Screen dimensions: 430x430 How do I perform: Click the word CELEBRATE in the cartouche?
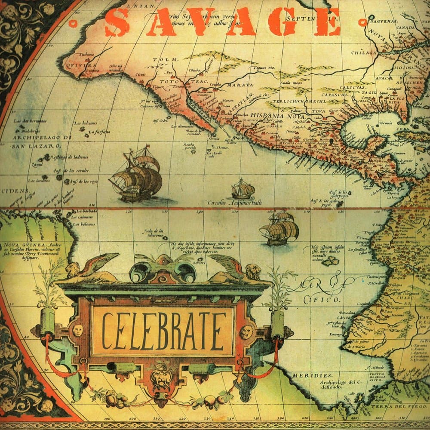pos(164,331)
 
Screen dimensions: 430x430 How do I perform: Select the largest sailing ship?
pos(136,174)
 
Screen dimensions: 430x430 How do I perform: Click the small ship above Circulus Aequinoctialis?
pos(243,189)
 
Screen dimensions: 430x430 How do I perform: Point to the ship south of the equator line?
pos(279,228)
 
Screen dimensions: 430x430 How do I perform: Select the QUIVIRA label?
pos(79,65)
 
